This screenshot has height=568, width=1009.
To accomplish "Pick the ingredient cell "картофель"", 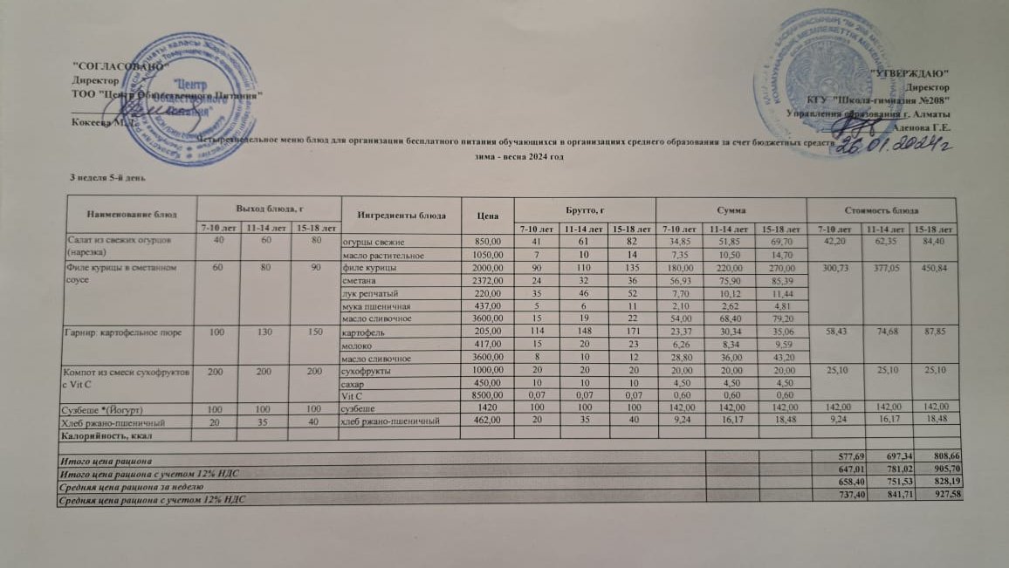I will tap(360, 332).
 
